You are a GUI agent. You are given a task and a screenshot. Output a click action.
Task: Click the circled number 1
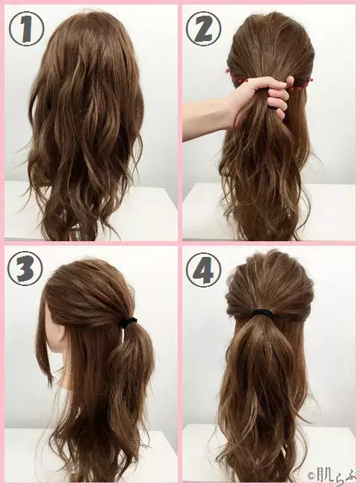coord(26,28)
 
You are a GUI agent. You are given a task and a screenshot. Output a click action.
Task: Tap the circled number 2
coord(203,28)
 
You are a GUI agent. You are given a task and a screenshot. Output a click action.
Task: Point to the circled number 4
coord(203,269)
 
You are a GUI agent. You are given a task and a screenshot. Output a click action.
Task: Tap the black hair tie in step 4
coord(262,311)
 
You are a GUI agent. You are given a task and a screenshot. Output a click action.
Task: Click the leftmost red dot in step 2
coord(228,71)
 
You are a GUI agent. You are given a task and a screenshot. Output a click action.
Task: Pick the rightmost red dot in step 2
coord(311,81)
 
